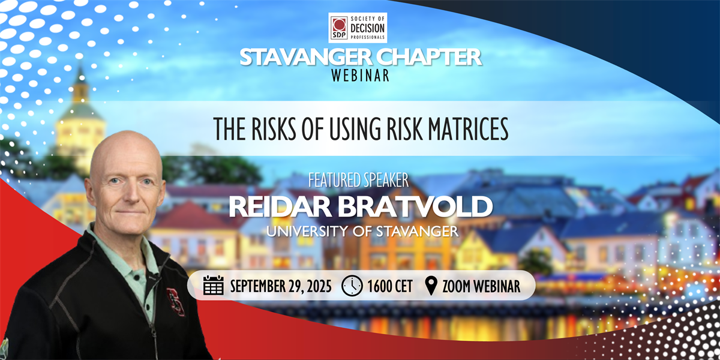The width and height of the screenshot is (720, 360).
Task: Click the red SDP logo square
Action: (339, 28)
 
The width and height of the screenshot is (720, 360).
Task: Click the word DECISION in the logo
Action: (367, 28)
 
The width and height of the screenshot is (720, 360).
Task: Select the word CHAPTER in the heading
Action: (429, 58)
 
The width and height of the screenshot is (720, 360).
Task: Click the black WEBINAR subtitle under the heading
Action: (360, 76)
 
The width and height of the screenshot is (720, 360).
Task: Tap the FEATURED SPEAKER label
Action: (358, 180)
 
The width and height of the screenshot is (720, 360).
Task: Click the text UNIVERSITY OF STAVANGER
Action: (362, 231)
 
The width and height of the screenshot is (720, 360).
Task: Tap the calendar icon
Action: (214, 285)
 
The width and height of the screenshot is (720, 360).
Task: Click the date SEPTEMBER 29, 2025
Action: (281, 286)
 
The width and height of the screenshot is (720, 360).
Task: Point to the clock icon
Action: (352, 286)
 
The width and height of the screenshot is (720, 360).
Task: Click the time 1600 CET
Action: (390, 286)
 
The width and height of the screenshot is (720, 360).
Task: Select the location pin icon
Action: (431, 286)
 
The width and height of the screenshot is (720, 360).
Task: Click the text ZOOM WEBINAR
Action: (481, 286)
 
